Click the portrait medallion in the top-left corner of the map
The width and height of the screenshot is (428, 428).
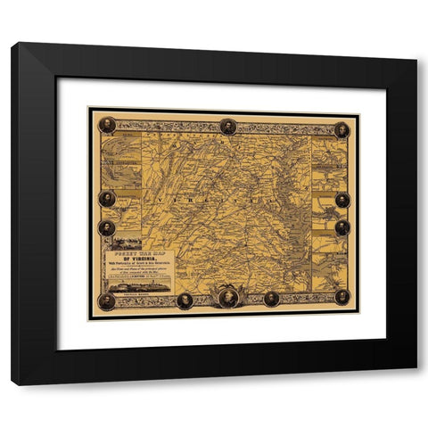107,125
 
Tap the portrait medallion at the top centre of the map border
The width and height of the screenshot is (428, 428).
227,127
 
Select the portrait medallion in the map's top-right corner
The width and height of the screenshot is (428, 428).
342,129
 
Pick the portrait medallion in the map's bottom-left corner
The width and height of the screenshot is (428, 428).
107,300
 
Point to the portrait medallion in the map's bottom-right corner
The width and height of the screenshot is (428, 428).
342,296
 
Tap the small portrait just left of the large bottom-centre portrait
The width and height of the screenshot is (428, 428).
185,300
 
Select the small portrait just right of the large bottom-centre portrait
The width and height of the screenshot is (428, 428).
271,298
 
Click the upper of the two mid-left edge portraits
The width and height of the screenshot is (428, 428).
107,199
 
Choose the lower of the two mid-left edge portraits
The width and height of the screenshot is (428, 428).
107,227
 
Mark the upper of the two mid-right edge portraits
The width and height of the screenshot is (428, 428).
342,199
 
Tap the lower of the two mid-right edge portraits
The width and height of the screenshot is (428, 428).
342,227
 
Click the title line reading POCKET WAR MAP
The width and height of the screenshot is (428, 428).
136,253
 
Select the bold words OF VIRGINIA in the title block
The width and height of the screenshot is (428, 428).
136,259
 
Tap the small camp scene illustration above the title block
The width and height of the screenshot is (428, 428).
124,242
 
